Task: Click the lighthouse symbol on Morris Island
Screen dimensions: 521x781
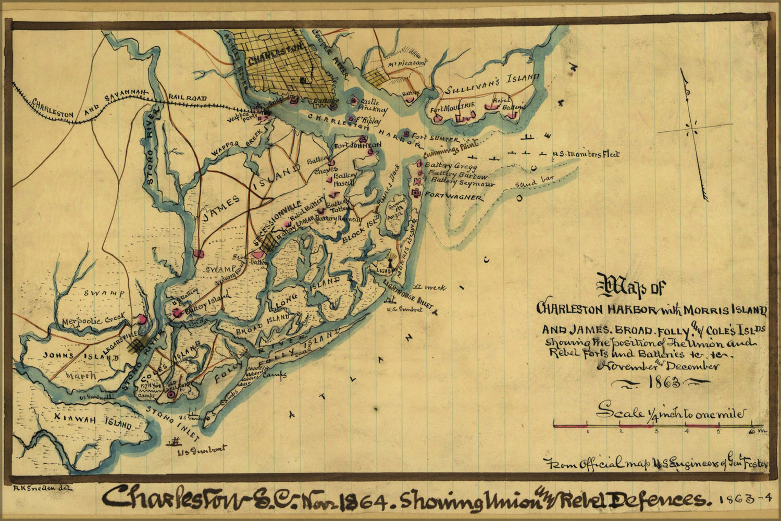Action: [390, 261]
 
